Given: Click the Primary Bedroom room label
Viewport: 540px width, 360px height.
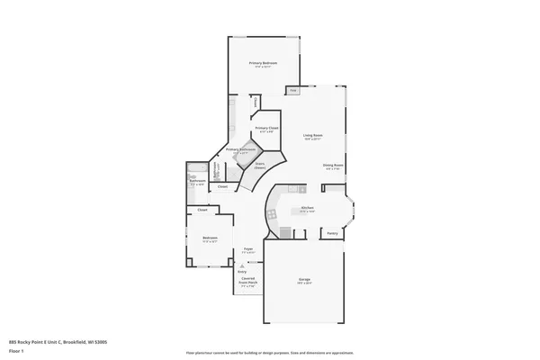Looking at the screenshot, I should click(265, 63).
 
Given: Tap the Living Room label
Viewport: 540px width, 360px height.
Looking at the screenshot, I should click(312, 135).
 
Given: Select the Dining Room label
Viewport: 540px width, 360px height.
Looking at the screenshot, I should click(333, 165).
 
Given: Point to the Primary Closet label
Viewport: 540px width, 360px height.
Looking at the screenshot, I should click(266, 128).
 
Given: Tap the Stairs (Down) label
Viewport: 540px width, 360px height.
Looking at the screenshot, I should click(259, 165).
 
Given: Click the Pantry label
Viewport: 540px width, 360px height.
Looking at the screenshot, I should click(332, 233).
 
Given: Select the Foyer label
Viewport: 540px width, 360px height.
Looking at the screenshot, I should click(247, 249).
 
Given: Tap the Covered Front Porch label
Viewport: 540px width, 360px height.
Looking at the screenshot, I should click(247, 281).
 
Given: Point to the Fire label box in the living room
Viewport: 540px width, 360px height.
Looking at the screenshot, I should click(293, 91).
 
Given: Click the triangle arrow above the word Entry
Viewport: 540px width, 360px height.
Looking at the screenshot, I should click(241, 265).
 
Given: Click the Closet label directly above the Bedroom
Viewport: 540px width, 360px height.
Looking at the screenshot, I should click(202, 210).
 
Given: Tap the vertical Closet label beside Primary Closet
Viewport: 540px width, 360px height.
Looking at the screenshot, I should click(256, 103).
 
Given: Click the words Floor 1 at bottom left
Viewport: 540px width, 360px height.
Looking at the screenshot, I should click(15, 352).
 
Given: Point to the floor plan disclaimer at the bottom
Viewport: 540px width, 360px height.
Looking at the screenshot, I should click(269, 352).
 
